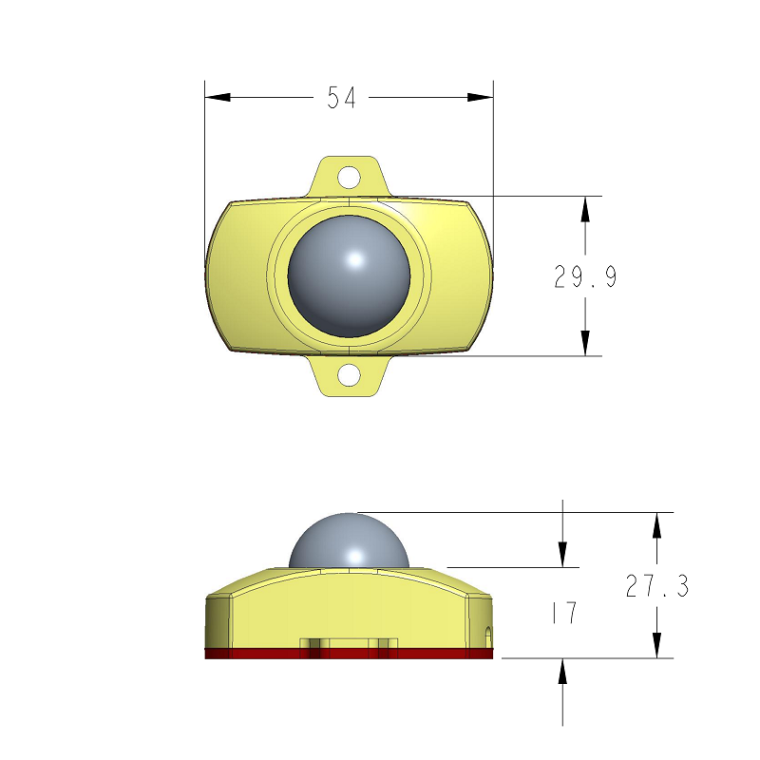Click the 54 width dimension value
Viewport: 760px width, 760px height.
point(341,97)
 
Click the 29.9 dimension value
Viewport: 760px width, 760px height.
point(586,276)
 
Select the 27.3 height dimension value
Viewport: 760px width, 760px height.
point(656,586)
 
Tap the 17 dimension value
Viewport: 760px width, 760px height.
point(564,614)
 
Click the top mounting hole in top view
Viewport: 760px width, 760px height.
point(350,177)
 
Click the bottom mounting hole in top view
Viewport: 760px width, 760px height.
point(350,375)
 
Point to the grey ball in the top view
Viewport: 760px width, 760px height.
point(349,275)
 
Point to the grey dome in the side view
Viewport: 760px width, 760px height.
point(349,541)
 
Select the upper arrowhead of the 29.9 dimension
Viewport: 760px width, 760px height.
point(586,210)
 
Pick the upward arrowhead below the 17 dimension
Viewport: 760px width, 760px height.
point(563,671)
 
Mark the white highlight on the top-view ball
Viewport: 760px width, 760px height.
point(354,259)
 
